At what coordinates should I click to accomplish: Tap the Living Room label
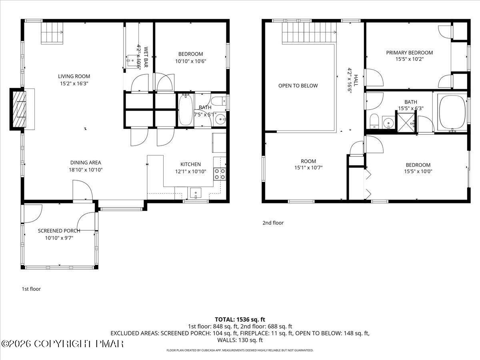(x=74, y=76)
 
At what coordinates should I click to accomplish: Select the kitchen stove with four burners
(x=220, y=174)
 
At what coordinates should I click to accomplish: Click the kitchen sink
(x=196, y=192)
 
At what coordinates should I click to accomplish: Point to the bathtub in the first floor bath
(x=186, y=110)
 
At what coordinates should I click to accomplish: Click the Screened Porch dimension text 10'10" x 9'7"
(x=59, y=238)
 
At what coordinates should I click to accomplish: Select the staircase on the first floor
(x=52, y=32)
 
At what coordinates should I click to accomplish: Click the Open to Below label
(x=298, y=86)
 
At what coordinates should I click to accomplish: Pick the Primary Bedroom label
(x=409, y=52)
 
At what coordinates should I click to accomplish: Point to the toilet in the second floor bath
(x=374, y=120)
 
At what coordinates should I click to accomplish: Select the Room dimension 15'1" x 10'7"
(x=308, y=168)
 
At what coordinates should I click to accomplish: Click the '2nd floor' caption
(x=273, y=223)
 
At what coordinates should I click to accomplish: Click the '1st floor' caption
(x=31, y=289)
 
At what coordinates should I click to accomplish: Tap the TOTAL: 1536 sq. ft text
(x=240, y=319)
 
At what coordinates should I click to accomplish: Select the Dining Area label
(x=86, y=162)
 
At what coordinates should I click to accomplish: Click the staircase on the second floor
(x=308, y=32)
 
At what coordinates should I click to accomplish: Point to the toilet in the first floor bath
(x=218, y=100)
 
